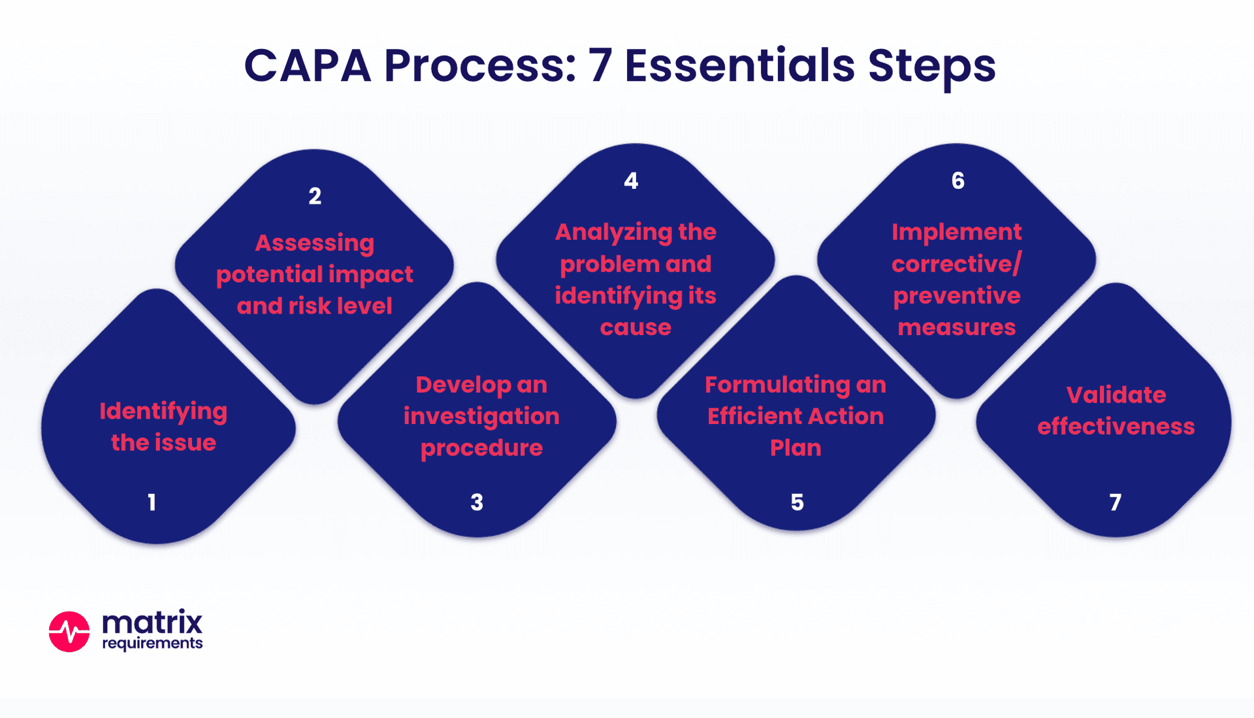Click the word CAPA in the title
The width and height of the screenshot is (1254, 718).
click(307, 66)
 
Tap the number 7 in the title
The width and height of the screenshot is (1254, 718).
click(600, 66)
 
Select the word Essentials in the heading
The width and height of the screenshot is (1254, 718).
click(739, 66)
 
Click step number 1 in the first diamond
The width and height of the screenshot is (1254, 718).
click(152, 502)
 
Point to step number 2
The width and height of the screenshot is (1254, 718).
click(315, 196)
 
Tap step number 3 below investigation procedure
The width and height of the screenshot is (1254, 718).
click(477, 502)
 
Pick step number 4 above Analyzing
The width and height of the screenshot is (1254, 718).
click(631, 181)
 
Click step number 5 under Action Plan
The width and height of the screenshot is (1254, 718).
click(797, 502)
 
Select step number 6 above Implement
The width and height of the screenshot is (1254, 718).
click(957, 181)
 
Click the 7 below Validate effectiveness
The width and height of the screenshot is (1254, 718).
click(1116, 502)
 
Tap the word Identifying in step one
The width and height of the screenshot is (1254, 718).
click(163, 412)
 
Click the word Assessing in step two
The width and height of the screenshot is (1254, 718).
click(315, 243)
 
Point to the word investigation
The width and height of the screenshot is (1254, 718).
click(481, 416)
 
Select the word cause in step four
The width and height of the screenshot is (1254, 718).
click(635, 327)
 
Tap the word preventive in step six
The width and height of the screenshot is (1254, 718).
click(957, 296)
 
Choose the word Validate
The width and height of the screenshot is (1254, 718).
click(1116, 395)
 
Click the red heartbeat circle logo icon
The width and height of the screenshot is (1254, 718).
click(69, 632)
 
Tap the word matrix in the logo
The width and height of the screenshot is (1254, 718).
click(152, 622)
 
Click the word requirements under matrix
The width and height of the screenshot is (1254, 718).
click(152, 644)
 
